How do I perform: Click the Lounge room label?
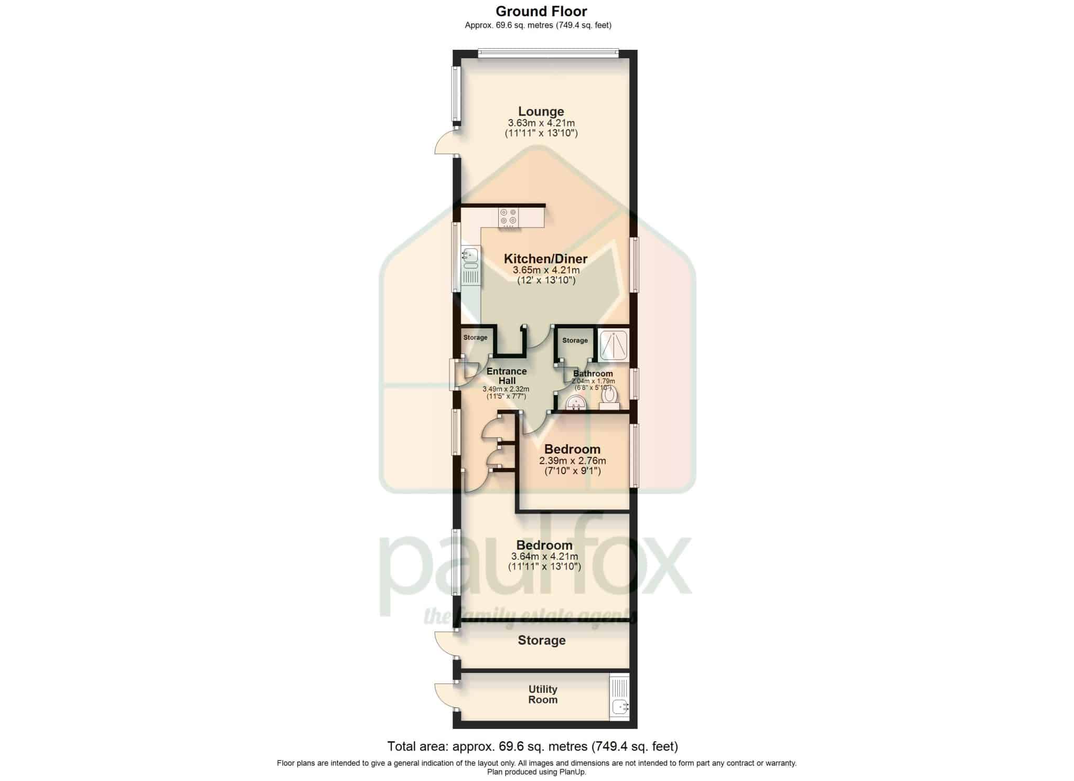pyautogui.click(x=541, y=111)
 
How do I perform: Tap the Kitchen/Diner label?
pyautogui.click(x=545, y=259)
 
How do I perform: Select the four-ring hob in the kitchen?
pyautogui.click(x=509, y=217)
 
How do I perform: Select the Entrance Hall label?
pyautogui.click(x=507, y=376)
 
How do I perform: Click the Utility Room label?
pyautogui.click(x=543, y=694)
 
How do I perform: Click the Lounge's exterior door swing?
pyautogui.click(x=446, y=143)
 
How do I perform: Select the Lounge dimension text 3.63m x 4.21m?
pyautogui.click(x=541, y=123)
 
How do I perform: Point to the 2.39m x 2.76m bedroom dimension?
pyautogui.click(x=573, y=461)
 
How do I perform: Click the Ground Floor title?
pyautogui.click(x=541, y=11)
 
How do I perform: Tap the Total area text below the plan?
pyautogui.click(x=533, y=746)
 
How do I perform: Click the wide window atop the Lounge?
pyautogui.click(x=549, y=52)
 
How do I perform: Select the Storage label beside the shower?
pyautogui.click(x=575, y=340)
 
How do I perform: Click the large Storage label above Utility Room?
pyautogui.click(x=542, y=640)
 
